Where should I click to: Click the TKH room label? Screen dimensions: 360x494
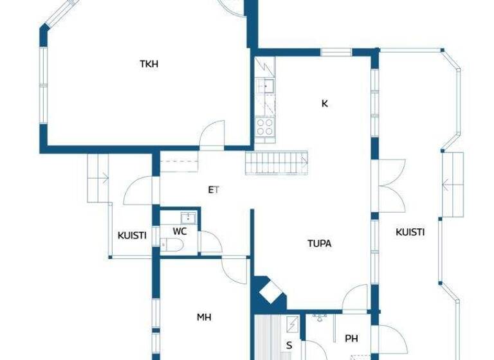click(149, 64)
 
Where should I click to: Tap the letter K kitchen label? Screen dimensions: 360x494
click(325, 103)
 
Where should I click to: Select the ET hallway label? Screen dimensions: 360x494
click(214, 190)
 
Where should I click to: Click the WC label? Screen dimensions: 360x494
click(179, 231)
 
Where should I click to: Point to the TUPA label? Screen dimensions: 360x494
click(319, 244)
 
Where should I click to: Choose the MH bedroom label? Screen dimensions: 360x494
click(204, 317)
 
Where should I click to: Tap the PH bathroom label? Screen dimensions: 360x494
click(351, 339)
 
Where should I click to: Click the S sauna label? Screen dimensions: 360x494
click(289, 345)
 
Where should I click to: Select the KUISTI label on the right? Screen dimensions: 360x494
click(410, 232)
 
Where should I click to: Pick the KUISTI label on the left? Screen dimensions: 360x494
click(132, 235)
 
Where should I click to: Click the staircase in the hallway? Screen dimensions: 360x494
click(276, 163)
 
